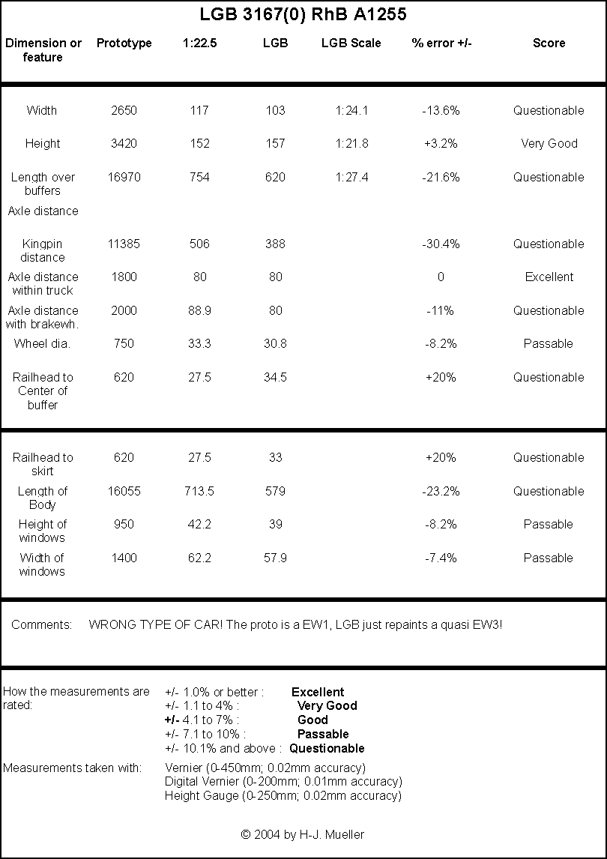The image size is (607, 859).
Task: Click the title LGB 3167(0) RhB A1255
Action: pyautogui.click(x=303, y=15)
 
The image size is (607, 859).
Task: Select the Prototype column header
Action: pyautogui.click(x=124, y=43)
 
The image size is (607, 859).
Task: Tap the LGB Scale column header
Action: pyautogui.click(x=351, y=43)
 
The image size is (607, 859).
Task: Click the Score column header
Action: pyautogui.click(x=549, y=43)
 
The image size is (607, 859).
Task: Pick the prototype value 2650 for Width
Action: pyautogui.click(x=124, y=111)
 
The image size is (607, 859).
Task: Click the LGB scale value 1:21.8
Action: pyautogui.click(x=351, y=143)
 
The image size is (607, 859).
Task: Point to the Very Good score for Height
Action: pyautogui.click(x=549, y=143)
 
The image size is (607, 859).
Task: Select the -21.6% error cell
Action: pyautogui.click(x=441, y=178)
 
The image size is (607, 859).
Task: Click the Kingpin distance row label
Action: pyautogui.click(x=42, y=250)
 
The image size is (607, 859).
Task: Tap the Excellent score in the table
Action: pyautogui.click(x=549, y=277)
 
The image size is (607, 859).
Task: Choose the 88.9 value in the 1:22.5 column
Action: pyautogui.click(x=199, y=310)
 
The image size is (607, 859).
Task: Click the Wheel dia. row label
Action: pyautogui.click(x=42, y=344)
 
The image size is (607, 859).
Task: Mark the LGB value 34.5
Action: pyautogui.click(x=275, y=378)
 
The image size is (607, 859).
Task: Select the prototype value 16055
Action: pyautogui.click(x=124, y=492)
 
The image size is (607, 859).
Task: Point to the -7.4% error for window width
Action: pyautogui.click(x=441, y=558)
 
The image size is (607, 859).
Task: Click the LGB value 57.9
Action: pyautogui.click(x=275, y=558)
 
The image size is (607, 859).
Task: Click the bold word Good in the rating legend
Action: pyautogui.click(x=312, y=720)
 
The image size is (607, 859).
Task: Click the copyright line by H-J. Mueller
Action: pyautogui.click(x=303, y=835)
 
